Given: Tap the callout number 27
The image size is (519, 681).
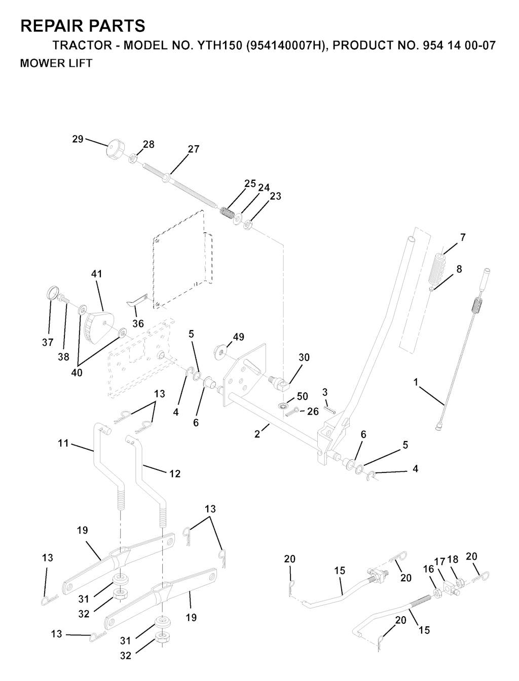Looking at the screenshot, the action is click(x=194, y=149).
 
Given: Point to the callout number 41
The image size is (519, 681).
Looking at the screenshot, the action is click(x=97, y=274).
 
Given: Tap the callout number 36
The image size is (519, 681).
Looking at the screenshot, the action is click(x=138, y=324).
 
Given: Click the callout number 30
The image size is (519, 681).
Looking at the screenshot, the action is click(x=304, y=357).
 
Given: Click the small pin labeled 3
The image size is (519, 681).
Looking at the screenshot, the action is click(x=329, y=410).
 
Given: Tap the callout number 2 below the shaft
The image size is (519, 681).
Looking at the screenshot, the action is click(x=257, y=434).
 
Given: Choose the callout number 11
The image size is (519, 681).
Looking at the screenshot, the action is click(x=63, y=443).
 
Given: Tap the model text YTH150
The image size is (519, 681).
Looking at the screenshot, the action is click(x=219, y=46).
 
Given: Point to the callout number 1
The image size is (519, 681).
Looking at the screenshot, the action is click(x=416, y=382).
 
